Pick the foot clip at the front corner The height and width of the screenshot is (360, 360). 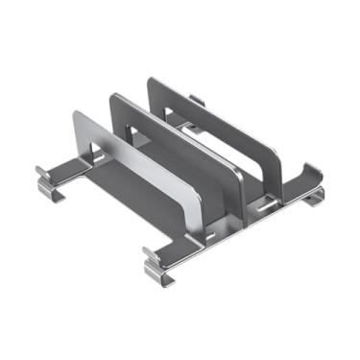[x=158, y=263]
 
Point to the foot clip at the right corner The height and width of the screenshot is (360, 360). [x=312, y=197]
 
